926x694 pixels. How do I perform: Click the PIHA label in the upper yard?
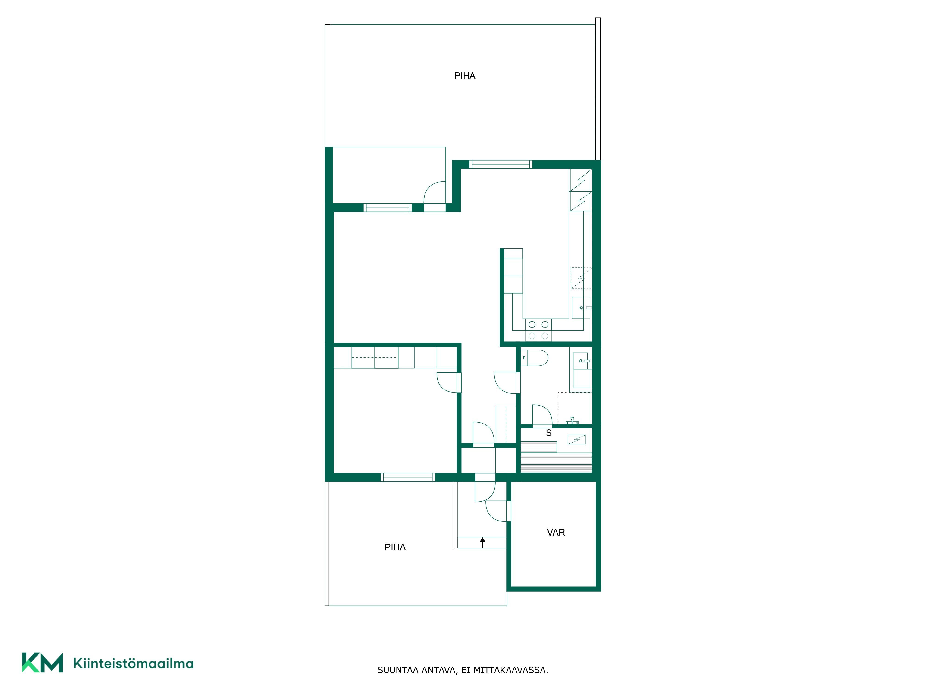(x=465, y=76)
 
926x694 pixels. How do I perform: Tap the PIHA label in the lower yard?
(x=395, y=547)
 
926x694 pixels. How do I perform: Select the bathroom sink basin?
(x=582, y=361)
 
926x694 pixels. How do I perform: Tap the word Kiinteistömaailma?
(x=133, y=663)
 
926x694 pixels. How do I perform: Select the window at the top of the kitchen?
(x=501, y=164)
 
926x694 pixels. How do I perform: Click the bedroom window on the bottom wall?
(x=408, y=477)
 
